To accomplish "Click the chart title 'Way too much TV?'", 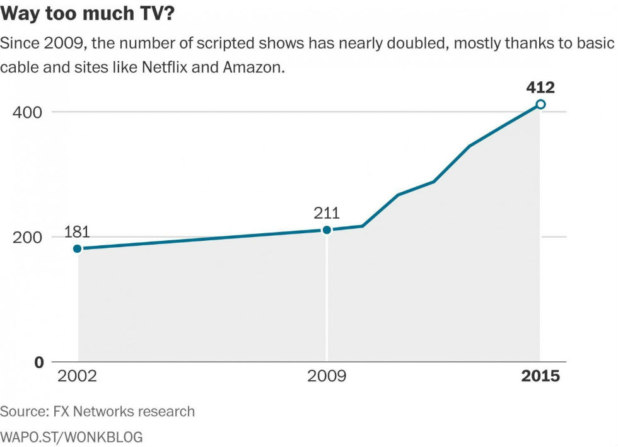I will pyautogui.click(x=88, y=15).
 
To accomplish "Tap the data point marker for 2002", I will pyautogui.click(x=78, y=248).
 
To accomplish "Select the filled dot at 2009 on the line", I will pyautogui.click(x=327, y=229).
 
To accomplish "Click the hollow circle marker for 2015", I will pyautogui.click(x=540, y=104).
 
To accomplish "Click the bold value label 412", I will pyautogui.click(x=540, y=87).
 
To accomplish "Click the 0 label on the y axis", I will pyautogui.click(x=38, y=362).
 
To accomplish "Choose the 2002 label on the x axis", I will pyautogui.click(x=77, y=376).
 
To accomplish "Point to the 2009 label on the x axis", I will pyautogui.click(x=327, y=376).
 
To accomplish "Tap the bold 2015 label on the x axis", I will pyautogui.click(x=540, y=376).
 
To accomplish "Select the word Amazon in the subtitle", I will pyautogui.click(x=252, y=67).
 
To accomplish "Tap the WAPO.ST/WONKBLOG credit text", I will pyautogui.click(x=71, y=436).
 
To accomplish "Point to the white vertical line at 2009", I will pyautogui.click(x=327, y=296).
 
